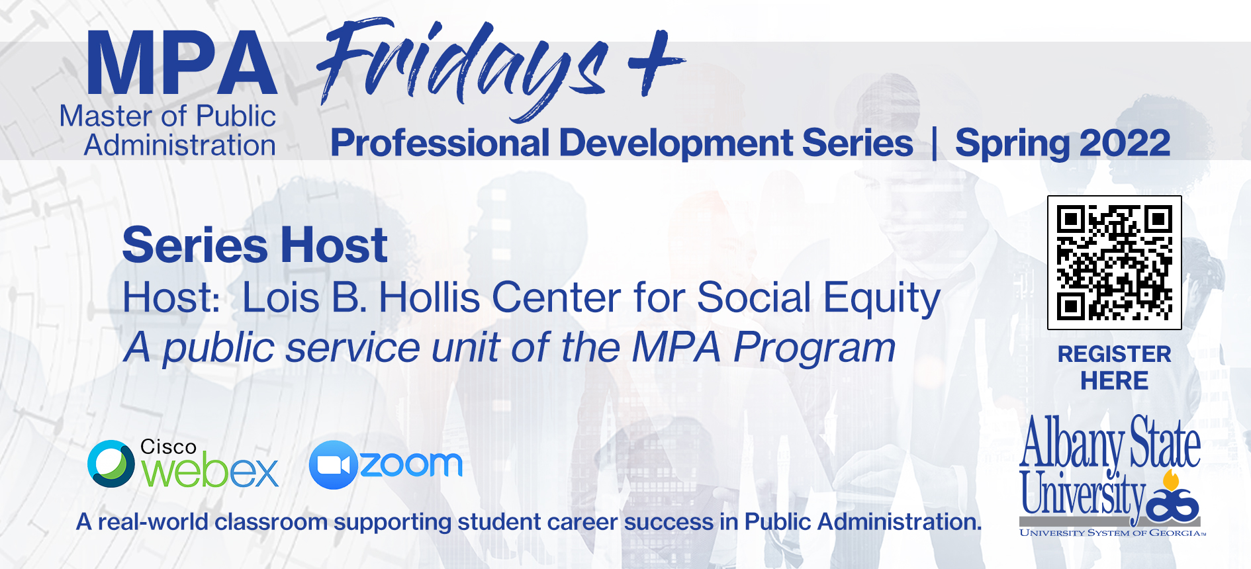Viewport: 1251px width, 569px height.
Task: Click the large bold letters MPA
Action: [x=181, y=64]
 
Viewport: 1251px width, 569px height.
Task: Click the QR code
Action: [x=1115, y=263]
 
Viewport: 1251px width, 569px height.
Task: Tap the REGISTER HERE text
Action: [x=1115, y=367]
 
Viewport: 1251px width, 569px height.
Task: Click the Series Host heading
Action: [x=255, y=245]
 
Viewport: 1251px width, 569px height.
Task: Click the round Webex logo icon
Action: [x=111, y=464]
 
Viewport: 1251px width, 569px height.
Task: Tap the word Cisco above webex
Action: [x=168, y=447]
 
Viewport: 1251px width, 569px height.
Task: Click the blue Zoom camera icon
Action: [x=334, y=464]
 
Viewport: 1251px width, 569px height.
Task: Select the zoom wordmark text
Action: [x=411, y=464]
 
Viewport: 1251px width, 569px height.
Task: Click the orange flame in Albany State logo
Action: [x=1171, y=480]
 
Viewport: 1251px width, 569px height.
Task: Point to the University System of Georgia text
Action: [x=1113, y=533]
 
